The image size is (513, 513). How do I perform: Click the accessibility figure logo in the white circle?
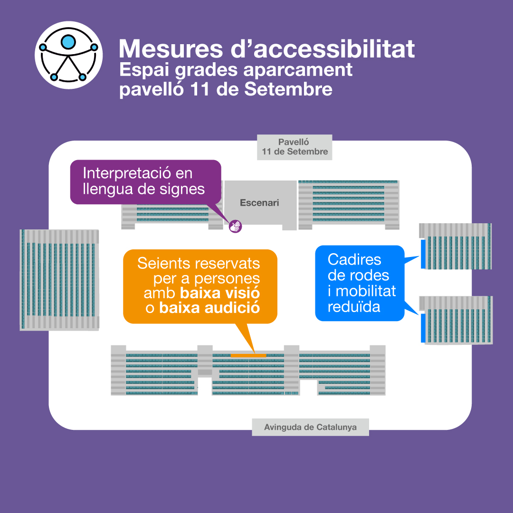(x=69, y=55)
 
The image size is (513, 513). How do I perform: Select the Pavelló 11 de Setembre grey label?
(x=294, y=147)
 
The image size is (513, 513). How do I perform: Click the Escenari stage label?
(x=259, y=203)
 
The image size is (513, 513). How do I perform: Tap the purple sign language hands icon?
(x=235, y=226)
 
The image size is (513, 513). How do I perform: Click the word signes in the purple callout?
(x=181, y=189)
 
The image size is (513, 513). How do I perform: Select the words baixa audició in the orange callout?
(x=209, y=308)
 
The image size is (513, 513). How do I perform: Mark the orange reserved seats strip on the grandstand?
(x=248, y=355)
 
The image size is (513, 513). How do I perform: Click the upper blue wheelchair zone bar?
(x=422, y=254)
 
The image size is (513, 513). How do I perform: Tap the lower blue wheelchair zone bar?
(x=422, y=327)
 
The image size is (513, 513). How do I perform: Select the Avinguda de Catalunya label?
(x=310, y=427)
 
